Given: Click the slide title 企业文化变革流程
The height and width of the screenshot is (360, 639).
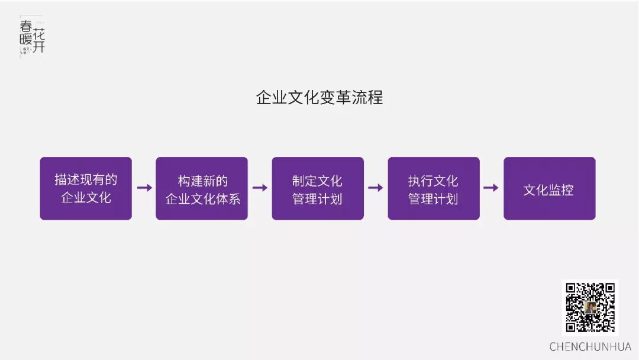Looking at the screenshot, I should pyautogui.click(x=319, y=97).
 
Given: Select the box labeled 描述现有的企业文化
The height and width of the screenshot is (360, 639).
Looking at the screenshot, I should pyautogui.click(x=86, y=188).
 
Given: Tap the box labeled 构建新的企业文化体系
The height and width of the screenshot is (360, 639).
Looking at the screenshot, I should pyautogui.click(x=202, y=188).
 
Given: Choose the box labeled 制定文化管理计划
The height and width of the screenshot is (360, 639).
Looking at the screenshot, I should pyautogui.click(x=318, y=188).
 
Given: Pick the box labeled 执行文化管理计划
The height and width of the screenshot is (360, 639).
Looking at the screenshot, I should pyautogui.click(x=434, y=188).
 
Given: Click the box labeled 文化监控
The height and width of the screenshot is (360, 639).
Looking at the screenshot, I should pyautogui.click(x=549, y=188).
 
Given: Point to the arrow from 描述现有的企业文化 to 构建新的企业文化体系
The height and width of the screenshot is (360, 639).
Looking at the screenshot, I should pyautogui.click(x=144, y=188).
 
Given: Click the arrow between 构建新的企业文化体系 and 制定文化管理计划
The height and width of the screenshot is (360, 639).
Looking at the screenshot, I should pyautogui.click(x=260, y=188).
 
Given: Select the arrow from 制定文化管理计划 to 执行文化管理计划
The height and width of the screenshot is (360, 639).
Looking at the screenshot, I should pyautogui.click(x=376, y=188).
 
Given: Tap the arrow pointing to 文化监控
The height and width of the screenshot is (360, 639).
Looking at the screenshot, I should pyautogui.click(x=491, y=188).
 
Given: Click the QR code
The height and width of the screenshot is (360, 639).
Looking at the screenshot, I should pyautogui.click(x=590, y=307).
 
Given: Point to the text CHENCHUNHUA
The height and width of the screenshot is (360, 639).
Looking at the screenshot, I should pyautogui.click(x=590, y=346).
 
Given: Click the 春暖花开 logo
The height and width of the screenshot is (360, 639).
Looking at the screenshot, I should pyautogui.click(x=32, y=37).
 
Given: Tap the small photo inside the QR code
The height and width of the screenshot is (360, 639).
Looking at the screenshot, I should pyautogui.click(x=590, y=307).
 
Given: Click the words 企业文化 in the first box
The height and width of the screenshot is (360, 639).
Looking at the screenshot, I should pyautogui.click(x=86, y=198).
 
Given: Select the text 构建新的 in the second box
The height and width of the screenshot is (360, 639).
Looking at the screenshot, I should pyautogui.click(x=202, y=180).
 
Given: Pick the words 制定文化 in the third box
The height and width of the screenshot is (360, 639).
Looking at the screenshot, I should pyautogui.click(x=318, y=180).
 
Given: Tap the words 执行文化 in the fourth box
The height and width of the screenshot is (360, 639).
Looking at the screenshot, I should pyautogui.click(x=434, y=180).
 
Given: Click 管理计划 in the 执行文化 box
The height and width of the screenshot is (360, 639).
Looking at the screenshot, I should pyautogui.click(x=434, y=198).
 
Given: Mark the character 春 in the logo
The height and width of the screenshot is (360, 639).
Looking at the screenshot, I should pyautogui.click(x=27, y=26).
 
